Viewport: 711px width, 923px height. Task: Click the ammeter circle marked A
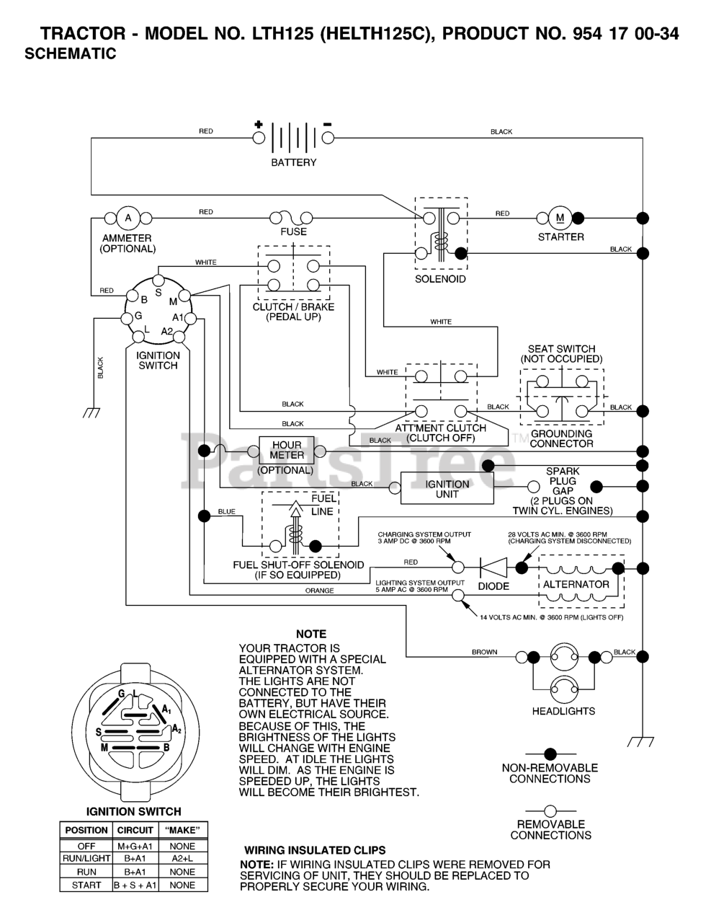pyautogui.click(x=128, y=218)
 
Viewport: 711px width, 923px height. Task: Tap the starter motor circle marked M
pyautogui.click(x=560, y=218)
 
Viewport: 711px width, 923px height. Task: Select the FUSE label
pyautogui.click(x=293, y=232)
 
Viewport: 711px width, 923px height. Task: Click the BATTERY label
pyautogui.click(x=293, y=163)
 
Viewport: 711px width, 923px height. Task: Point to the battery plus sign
pyautogui.click(x=259, y=125)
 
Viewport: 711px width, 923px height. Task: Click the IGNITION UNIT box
pyautogui.click(x=447, y=489)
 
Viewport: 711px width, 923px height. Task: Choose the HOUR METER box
pyautogui.click(x=287, y=451)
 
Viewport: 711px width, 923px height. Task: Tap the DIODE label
pyautogui.click(x=493, y=586)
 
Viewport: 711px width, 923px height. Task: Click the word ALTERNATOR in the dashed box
pyautogui.click(x=576, y=584)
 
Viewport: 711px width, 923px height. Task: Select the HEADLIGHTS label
pyautogui.click(x=563, y=711)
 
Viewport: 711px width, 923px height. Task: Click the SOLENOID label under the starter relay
pyautogui.click(x=440, y=279)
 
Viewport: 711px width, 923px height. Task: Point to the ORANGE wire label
pyautogui.click(x=319, y=591)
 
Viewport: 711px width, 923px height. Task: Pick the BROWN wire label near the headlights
pyautogui.click(x=484, y=652)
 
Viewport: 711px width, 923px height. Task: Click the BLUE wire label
pyautogui.click(x=226, y=512)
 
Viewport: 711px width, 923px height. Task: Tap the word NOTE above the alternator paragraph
pyautogui.click(x=311, y=634)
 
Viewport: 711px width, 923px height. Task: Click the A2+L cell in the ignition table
pyautogui.click(x=182, y=859)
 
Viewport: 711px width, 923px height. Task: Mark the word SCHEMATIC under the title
pyautogui.click(x=70, y=54)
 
